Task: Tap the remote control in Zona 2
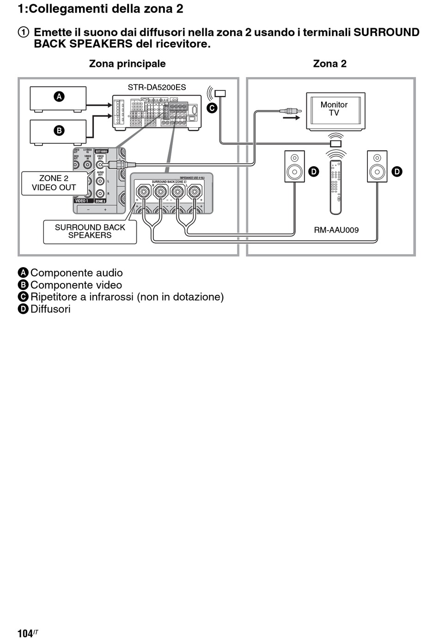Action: [336, 187]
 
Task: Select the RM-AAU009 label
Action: [336, 230]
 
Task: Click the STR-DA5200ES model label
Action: [157, 87]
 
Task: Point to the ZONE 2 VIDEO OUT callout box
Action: [54, 183]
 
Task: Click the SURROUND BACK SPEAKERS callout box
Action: [90, 231]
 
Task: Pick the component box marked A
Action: [58, 98]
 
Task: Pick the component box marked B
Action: [58, 131]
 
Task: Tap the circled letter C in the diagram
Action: [212, 108]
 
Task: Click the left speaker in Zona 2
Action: [294, 166]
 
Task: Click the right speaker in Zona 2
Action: [377, 166]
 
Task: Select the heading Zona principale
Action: [127, 64]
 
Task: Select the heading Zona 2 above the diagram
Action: [329, 64]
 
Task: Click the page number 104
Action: [25, 633]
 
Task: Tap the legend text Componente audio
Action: [76, 273]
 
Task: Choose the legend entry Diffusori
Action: [50, 309]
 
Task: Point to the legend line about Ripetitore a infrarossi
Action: [127, 297]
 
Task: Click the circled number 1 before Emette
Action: [23, 32]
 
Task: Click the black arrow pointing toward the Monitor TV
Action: [291, 118]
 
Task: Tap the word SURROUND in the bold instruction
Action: [386, 32]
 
